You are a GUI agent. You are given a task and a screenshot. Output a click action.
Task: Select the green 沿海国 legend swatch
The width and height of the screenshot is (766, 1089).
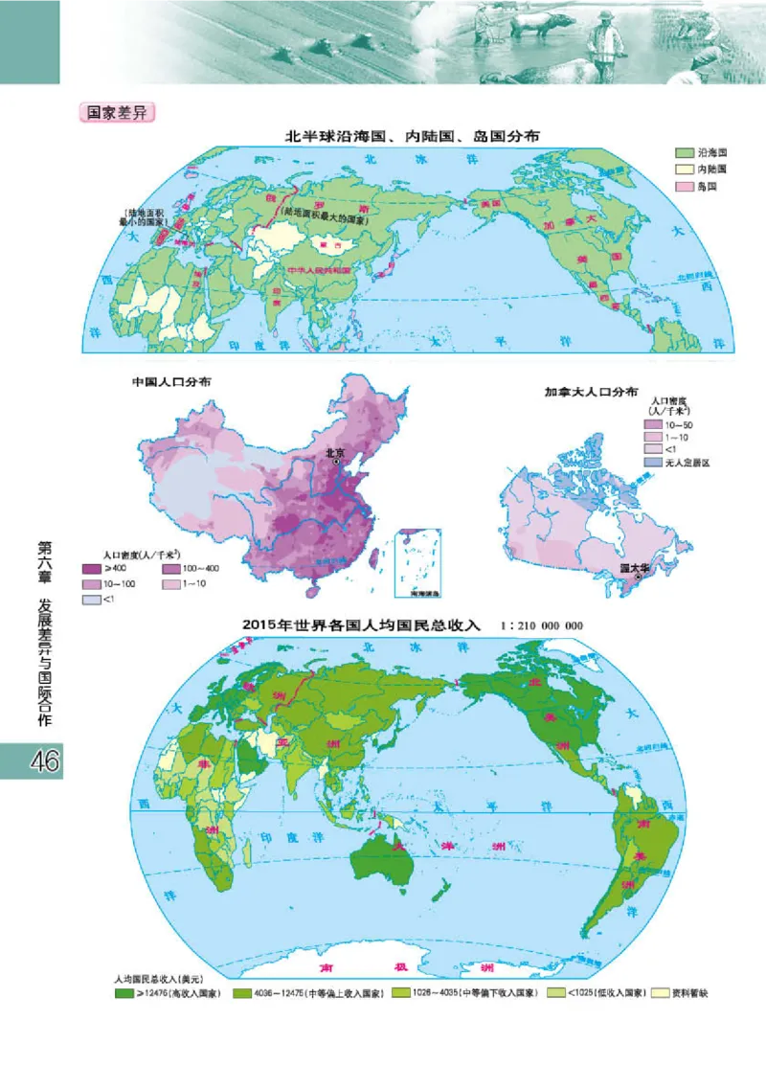pos(684,153)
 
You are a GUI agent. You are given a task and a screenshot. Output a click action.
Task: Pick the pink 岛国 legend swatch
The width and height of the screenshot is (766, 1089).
pos(684,187)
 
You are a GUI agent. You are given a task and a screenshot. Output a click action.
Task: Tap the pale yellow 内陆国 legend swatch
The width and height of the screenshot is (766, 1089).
pos(684,170)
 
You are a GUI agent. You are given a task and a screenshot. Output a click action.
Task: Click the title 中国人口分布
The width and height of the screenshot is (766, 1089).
pos(172,381)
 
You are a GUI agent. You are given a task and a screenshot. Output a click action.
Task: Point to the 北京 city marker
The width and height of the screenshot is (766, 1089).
pos(337,462)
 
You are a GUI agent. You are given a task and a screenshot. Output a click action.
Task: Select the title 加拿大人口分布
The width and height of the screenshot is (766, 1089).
pos(591,392)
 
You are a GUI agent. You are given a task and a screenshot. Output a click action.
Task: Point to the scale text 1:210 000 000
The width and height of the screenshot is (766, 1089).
pos(541,625)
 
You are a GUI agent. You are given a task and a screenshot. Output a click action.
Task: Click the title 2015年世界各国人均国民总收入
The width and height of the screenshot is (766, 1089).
pos(364,625)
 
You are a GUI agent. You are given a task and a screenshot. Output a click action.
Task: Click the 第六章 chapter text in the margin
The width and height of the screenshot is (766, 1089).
pos(42,564)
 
